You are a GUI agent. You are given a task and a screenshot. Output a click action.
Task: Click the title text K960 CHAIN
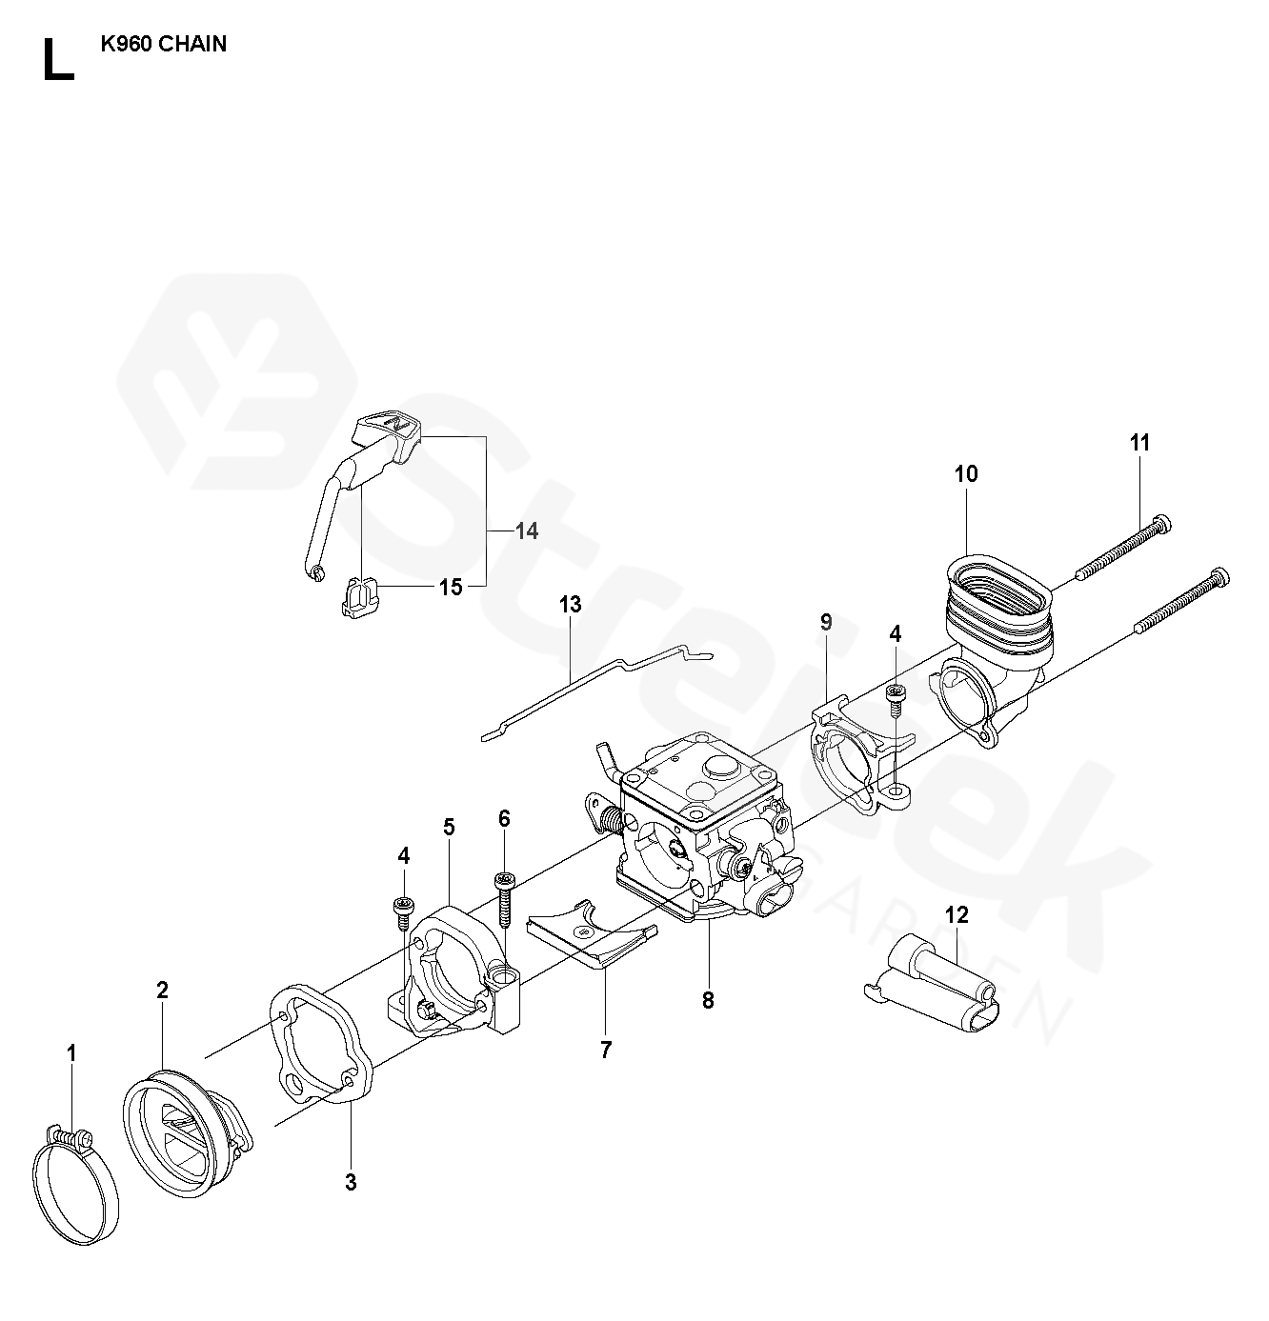[x=162, y=44]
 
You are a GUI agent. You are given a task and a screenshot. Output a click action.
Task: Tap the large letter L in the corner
[x=57, y=60]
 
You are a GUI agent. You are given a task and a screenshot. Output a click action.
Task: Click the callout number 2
[x=163, y=991]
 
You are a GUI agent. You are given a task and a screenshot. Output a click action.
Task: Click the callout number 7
[x=606, y=1051]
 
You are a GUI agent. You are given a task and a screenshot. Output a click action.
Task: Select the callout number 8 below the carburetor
[x=708, y=1000]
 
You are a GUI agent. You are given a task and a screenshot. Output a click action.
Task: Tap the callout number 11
[x=1140, y=442]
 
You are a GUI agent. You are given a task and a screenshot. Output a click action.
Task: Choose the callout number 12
[x=957, y=915]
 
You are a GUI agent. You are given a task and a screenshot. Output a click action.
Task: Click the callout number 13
[x=571, y=604]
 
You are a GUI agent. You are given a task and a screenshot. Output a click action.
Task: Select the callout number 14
[x=527, y=530]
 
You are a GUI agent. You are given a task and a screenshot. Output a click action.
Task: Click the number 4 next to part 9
[x=895, y=632]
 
